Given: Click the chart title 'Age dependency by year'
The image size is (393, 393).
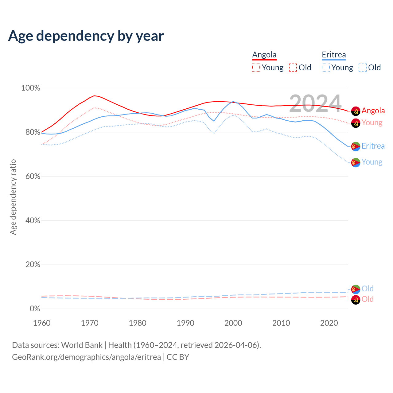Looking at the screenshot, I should (x=86, y=36).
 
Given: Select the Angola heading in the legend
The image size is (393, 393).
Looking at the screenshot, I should (x=264, y=55).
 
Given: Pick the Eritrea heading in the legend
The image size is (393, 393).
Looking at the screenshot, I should (x=334, y=55).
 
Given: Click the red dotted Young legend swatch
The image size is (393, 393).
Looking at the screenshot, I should (x=256, y=68).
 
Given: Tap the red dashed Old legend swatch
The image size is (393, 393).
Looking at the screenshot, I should (x=293, y=68).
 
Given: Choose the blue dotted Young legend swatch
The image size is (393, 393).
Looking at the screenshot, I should (x=325, y=68).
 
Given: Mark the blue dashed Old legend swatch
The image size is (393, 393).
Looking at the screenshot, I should (x=362, y=68).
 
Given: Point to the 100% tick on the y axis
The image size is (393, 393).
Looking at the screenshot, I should (x=31, y=88).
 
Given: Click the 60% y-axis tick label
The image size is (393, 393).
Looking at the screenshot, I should (x=33, y=177).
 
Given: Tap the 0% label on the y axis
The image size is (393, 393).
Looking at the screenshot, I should (x=35, y=309).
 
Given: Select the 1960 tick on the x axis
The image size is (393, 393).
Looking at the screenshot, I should (x=42, y=323).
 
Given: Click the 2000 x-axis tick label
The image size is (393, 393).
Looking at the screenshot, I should (x=233, y=323).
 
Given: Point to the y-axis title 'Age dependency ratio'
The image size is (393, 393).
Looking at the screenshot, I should (x=13, y=197).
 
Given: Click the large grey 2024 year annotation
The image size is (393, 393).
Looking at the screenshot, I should (x=315, y=104).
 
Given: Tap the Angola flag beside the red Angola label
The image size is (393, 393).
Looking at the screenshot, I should (x=356, y=111).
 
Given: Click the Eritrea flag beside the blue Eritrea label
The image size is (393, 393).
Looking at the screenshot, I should (x=356, y=146).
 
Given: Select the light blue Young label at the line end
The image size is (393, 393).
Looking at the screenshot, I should (x=372, y=162).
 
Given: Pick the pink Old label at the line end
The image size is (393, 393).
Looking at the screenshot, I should (x=368, y=299).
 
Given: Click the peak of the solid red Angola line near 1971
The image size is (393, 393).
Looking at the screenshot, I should (x=94, y=95).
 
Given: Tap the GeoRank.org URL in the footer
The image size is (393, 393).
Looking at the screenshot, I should (x=86, y=357).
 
